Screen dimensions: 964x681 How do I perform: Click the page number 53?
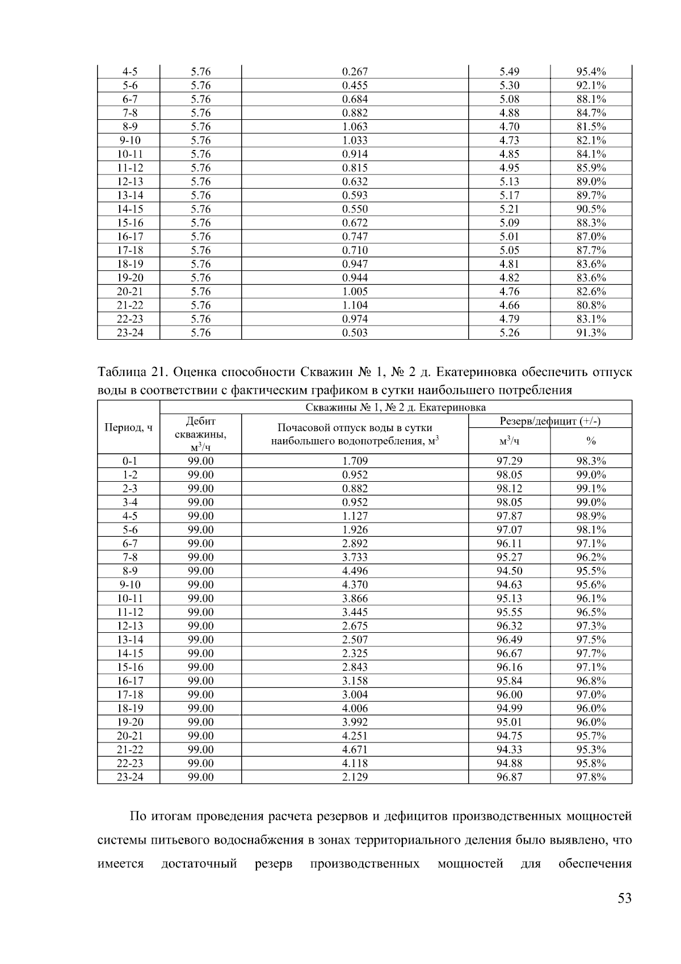(x=624, y=899)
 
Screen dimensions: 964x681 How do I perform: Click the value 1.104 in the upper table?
(x=355, y=305)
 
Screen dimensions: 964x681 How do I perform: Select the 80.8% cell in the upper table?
(x=591, y=305)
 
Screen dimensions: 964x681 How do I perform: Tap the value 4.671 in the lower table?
(x=355, y=750)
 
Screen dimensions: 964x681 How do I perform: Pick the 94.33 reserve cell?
(x=509, y=750)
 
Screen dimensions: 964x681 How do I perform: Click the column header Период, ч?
(x=129, y=428)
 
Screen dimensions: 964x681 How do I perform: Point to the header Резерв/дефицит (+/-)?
(x=550, y=421)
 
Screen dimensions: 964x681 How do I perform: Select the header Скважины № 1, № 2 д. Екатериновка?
(x=396, y=407)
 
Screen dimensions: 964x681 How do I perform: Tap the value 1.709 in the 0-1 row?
(x=355, y=461)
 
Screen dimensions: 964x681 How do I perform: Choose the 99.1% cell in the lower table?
(x=591, y=489)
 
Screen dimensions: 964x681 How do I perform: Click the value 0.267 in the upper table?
(x=355, y=72)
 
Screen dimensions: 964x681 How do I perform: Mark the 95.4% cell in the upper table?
(x=591, y=72)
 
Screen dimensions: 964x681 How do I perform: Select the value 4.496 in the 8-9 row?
(x=355, y=571)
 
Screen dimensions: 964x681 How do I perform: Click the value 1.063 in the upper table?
(x=355, y=127)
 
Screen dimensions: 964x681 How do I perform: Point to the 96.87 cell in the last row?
(x=509, y=777)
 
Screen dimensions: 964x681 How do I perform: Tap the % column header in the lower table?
(x=591, y=441)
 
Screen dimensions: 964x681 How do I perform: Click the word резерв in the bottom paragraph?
(x=274, y=865)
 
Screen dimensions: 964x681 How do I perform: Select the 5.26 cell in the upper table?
(x=509, y=333)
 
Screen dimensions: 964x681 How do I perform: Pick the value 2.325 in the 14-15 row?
(x=355, y=653)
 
